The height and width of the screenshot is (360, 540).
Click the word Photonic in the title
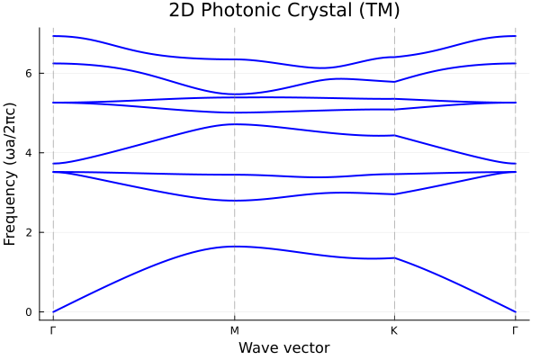(237, 11)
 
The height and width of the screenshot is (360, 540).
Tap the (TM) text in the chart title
(378, 11)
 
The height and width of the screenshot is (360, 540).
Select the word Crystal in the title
(315, 11)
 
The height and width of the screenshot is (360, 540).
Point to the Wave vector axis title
(283, 347)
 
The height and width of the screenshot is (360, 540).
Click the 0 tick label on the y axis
(29, 312)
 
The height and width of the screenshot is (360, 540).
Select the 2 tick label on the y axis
(29, 232)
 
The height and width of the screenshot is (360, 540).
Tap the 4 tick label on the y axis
(29, 153)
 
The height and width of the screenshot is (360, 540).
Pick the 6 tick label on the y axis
(29, 73)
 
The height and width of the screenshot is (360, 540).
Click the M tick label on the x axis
(235, 330)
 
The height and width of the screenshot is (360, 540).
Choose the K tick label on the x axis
(394, 330)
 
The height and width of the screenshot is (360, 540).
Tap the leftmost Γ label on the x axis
(53, 330)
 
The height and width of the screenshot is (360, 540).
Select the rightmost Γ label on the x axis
(515, 330)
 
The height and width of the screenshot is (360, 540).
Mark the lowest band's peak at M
(235, 247)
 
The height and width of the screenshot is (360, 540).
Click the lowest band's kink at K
(394, 258)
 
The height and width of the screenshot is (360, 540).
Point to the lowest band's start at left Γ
(53, 312)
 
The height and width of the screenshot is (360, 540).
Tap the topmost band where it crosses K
(394, 57)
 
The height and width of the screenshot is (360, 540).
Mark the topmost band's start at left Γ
(53, 36)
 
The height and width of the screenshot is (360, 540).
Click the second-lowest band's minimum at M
(235, 201)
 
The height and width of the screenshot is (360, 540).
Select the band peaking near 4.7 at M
(235, 124)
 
